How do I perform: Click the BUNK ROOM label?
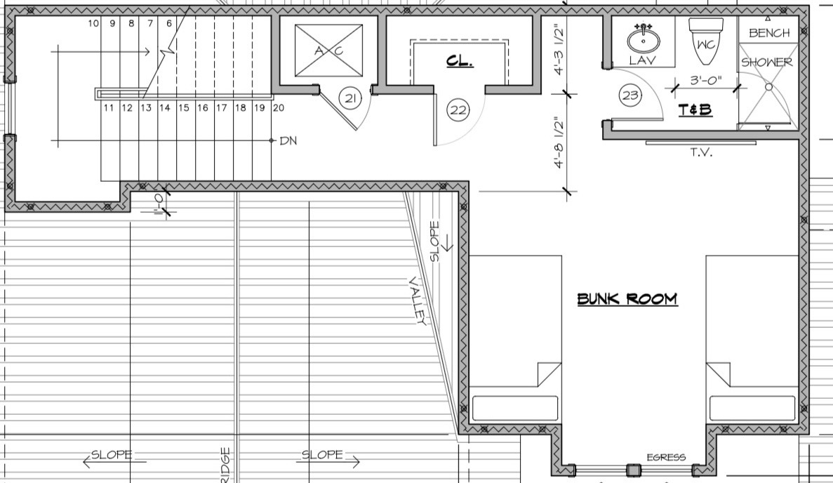(627, 298)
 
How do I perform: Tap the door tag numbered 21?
(350, 98)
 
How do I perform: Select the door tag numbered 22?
(458, 110)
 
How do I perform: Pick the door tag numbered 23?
(630, 95)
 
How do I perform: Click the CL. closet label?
(460, 62)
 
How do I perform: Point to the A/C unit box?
(328, 51)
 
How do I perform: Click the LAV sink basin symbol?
(641, 37)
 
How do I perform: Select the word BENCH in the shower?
(768, 33)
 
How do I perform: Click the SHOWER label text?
(767, 62)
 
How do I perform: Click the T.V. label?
(700, 152)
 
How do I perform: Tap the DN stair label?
(288, 140)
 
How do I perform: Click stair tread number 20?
(278, 107)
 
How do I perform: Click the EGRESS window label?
(665, 458)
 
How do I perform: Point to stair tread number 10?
(93, 23)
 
